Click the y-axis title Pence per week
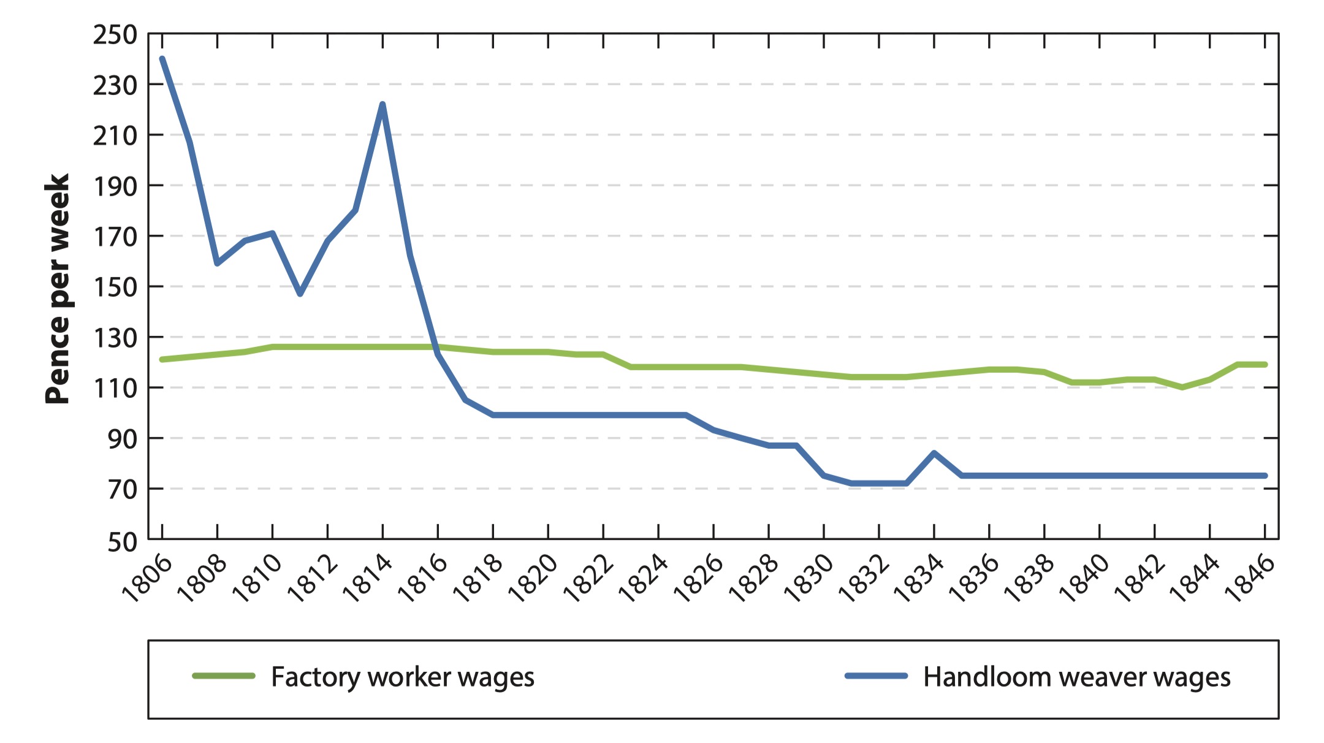click(58, 289)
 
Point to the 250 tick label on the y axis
click(115, 35)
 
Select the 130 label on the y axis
click(115, 338)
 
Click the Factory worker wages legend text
click(403, 677)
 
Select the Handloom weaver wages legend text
click(1077, 677)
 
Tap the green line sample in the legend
click(224, 676)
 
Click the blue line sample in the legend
click(876, 676)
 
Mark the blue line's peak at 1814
click(382, 104)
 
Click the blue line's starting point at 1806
click(162, 59)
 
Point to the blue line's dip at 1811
click(300, 294)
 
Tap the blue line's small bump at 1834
click(934, 453)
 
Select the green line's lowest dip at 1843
click(1182, 387)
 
